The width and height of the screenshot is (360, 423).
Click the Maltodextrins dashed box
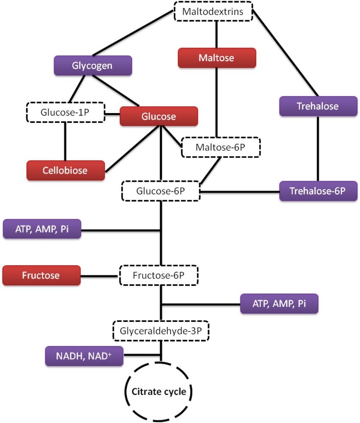[x=213, y=11]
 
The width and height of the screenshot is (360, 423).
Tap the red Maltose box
[x=217, y=58]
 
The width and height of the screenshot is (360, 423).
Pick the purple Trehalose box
[x=318, y=106]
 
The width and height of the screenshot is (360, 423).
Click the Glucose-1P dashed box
[x=65, y=112]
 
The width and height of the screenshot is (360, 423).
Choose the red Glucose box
[x=159, y=116]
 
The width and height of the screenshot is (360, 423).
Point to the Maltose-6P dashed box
[x=220, y=148]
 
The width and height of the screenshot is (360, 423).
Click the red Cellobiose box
[x=65, y=170]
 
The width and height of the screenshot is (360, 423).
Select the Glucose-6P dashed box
[x=161, y=191]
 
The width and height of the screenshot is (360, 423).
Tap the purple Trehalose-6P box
[x=318, y=191]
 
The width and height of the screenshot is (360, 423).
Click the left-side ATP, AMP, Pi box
[x=42, y=229]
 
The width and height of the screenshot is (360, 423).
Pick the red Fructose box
[x=41, y=275]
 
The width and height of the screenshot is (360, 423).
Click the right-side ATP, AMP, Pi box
[x=279, y=304]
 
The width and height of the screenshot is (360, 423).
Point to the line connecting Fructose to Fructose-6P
[x=100, y=276]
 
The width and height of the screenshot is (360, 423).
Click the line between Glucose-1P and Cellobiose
[x=65, y=141]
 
